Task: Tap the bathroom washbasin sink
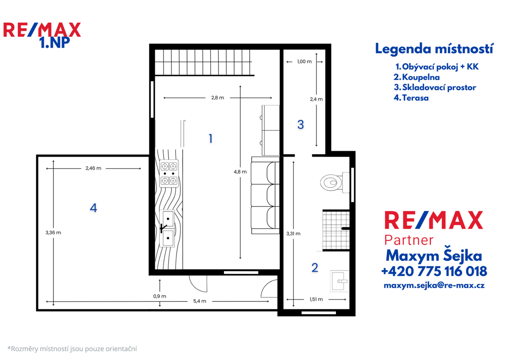pos(339,281)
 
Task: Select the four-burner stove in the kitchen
pos(169,173)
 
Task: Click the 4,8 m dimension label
pos(240,172)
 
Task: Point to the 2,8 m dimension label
pos(217,98)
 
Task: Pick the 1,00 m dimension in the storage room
pos(304,62)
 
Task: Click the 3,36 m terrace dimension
pos(53,233)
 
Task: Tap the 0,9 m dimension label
pos(160,296)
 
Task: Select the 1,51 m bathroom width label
pos(316,299)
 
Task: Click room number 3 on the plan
pos(300,125)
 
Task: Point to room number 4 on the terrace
pos(93,208)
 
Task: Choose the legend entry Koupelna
pos(417,77)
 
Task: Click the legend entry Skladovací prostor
pos(435,87)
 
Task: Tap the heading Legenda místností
pos(434,49)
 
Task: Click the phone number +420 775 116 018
pos(434,271)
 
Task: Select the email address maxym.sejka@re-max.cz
pos(434,285)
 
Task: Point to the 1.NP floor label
pos(55,43)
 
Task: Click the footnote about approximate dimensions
pos(72,349)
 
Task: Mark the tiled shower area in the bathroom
pos(336,230)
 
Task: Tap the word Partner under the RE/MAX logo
pos(409,240)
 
